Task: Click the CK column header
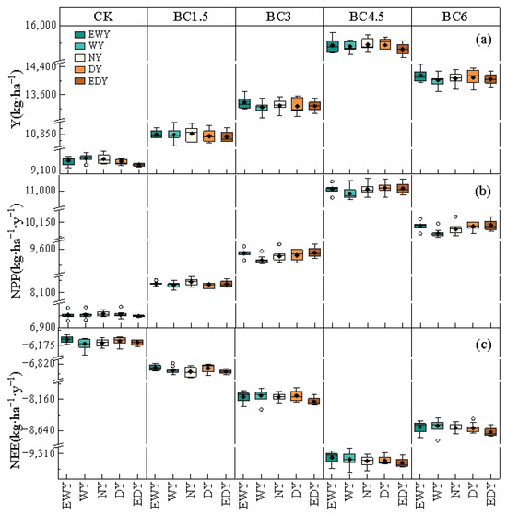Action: pos(103,17)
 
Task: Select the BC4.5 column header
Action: pos(366,17)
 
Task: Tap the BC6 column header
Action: pos(454,17)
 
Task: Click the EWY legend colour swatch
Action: pos(80,34)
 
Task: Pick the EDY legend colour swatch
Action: pos(80,81)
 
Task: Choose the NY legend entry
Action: pos(88,58)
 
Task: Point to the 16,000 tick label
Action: pos(41,25)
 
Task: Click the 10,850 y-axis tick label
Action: pos(41,134)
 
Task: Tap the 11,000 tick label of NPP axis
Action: pos(41,191)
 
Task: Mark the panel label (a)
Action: pos(483,40)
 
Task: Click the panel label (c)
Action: pos(483,345)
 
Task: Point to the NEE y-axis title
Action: pos(16,420)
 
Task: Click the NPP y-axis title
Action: pos(16,252)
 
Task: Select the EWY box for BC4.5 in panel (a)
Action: pos(333,46)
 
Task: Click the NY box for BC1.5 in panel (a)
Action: pos(191,135)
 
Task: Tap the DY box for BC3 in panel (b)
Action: pos(297,255)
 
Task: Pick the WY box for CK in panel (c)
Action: pos(85,344)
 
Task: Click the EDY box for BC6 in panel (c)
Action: pos(490,432)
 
